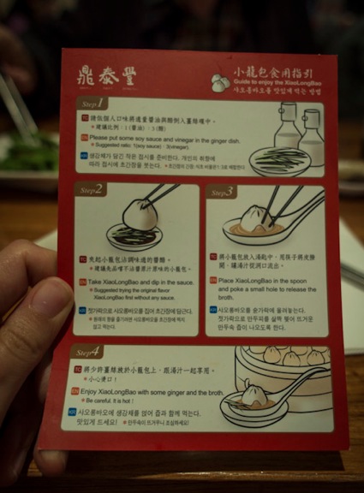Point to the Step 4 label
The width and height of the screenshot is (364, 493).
(89, 351)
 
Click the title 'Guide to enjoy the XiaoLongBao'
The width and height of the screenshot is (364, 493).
(273, 77)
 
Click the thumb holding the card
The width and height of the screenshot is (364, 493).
(34, 359)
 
